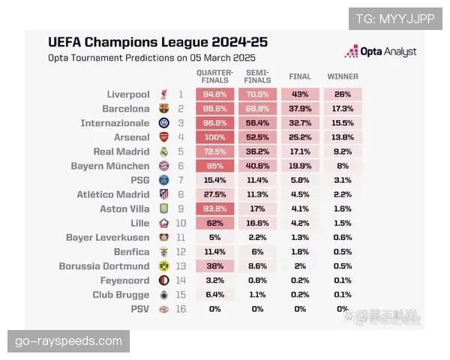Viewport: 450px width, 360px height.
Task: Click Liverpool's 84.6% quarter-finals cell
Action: [214, 94]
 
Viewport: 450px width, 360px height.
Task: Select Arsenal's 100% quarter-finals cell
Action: [214, 137]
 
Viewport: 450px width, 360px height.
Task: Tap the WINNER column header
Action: [342, 76]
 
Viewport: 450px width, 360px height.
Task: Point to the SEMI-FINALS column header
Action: [257, 76]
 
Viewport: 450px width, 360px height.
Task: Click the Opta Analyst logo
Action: [380, 51]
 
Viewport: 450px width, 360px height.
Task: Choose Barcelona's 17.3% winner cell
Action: [342, 109]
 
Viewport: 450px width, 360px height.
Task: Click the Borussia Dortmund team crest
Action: [164, 266]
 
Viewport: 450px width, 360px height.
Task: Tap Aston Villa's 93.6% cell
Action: [214, 209]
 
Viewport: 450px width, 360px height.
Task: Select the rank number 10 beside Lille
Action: [180, 223]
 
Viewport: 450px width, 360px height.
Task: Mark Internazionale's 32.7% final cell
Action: [300, 123]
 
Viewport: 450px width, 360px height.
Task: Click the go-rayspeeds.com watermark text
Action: [68, 341]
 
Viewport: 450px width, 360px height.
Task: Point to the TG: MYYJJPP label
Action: [394, 19]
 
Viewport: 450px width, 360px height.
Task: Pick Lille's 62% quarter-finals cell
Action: [214, 223]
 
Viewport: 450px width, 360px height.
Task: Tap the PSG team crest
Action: [164, 181]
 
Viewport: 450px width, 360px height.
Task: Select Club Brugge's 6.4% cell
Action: [214, 295]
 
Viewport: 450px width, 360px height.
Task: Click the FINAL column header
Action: [300, 76]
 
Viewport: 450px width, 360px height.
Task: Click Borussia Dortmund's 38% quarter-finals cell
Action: [214, 266]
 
